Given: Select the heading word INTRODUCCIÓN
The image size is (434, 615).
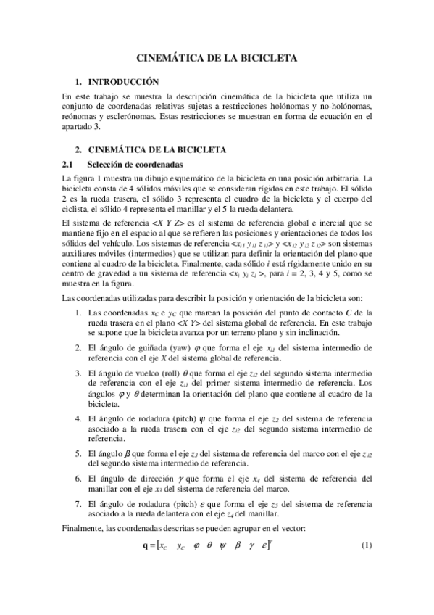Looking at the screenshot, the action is [123, 82].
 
